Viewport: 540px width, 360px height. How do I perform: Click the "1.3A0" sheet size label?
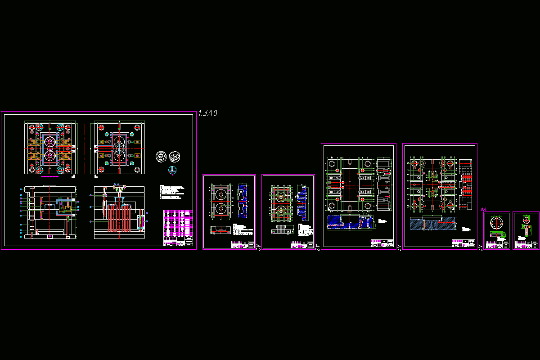207,113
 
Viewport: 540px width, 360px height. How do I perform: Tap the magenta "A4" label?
484,210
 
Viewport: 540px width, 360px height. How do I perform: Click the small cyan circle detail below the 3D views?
171,169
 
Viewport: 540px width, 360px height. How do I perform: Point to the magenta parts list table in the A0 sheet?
178,225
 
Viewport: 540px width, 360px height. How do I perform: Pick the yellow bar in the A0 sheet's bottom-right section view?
141,221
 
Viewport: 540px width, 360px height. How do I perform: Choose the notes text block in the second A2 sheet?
307,230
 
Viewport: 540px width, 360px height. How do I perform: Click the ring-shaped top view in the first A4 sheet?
496,223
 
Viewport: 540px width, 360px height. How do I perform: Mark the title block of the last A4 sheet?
526,244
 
